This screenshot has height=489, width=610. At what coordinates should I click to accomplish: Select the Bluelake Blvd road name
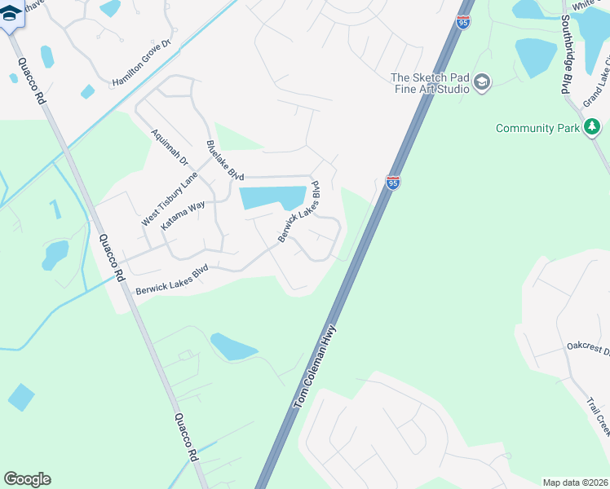225,161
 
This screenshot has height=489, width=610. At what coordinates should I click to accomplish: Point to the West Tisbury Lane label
170,199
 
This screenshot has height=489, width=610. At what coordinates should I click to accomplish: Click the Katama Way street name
183,217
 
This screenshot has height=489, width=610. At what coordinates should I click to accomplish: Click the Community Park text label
537,128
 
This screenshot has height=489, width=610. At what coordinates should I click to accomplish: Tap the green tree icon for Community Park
592,127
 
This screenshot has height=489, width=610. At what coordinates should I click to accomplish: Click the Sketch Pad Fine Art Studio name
430,83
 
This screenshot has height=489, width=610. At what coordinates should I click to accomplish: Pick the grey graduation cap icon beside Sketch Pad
482,82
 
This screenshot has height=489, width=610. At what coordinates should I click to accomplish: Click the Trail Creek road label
598,416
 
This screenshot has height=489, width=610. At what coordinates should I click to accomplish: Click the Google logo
27,479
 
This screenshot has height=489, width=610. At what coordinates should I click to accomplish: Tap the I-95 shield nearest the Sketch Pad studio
463,21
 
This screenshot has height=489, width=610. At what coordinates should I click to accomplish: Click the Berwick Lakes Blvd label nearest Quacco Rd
173,278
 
